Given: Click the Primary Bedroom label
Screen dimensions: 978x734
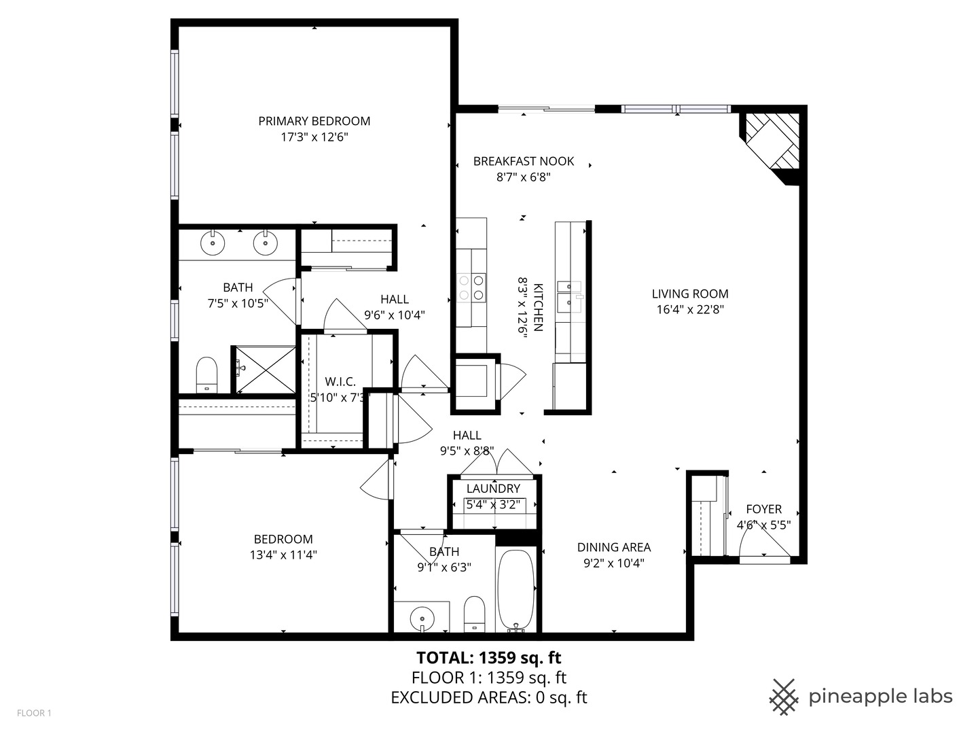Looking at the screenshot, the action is (314, 121).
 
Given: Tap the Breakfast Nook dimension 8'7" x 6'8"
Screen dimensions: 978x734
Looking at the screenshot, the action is (524, 177).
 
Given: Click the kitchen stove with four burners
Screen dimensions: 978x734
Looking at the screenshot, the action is (471, 287).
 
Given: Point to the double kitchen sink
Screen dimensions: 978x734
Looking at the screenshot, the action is (569, 297).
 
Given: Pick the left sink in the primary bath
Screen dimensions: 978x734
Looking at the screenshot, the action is (213, 243).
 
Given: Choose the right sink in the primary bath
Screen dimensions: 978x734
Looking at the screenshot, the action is (266, 243).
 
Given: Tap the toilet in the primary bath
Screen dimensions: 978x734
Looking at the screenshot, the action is (206, 374).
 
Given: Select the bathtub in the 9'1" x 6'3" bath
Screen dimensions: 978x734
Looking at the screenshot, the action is (515, 589).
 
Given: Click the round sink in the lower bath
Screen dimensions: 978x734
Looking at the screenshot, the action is (422, 618).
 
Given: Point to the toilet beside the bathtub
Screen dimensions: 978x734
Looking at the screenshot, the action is (475, 614).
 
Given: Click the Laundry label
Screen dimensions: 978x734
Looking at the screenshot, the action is (493, 489).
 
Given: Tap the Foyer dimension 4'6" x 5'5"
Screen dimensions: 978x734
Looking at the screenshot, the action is (763, 525).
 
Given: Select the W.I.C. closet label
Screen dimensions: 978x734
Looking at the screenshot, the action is (340, 381).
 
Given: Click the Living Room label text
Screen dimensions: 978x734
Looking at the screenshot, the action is (690, 294).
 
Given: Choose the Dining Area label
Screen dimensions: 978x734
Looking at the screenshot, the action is (614, 547).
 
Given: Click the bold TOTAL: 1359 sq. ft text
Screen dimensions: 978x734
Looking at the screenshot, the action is (489, 657).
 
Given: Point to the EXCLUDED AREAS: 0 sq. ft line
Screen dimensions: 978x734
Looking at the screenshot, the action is (489, 697).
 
